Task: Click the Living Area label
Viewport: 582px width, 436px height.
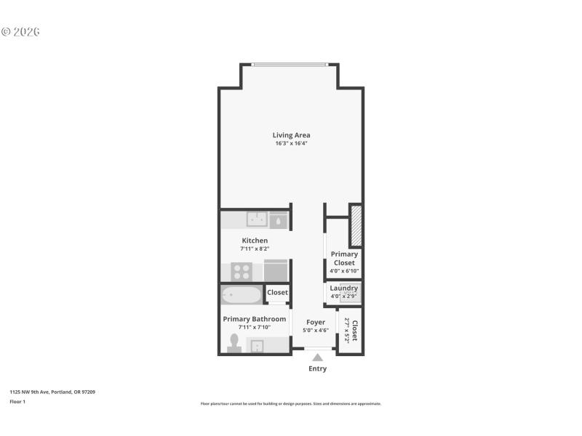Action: pyautogui.click(x=291, y=135)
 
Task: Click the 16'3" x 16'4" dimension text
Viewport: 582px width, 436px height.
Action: pyautogui.click(x=291, y=144)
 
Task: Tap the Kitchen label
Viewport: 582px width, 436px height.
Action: pyautogui.click(x=255, y=241)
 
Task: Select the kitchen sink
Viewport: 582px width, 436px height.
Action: pyautogui.click(x=256, y=219)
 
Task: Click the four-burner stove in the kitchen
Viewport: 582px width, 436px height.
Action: pyautogui.click(x=242, y=272)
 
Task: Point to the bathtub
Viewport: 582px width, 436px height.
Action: pyautogui.click(x=242, y=295)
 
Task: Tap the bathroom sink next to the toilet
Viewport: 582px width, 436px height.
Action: pyautogui.click(x=256, y=346)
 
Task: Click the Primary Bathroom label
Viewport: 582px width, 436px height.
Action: pyautogui.click(x=254, y=319)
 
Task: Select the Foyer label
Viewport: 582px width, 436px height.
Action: pyautogui.click(x=316, y=322)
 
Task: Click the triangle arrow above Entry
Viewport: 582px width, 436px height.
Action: pyautogui.click(x=317, y=357)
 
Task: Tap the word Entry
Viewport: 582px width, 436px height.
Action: pyautogui.click(x=317, y=369)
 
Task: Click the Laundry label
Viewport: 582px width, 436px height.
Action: pyautogui.click(x=343, y=288)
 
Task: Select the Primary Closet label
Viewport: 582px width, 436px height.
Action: pyautogui.click(x=344, y=259)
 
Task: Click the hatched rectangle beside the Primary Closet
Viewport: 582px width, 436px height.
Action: pyautogui.click(x=356, y=226)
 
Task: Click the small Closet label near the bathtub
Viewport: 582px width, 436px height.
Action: pyautogui.click(x=277, y=293)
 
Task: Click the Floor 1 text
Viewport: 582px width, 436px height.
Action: pyautogui.click(x=17, y=401)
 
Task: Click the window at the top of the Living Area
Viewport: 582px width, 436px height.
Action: pyautogui.click(x=290, y=65)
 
